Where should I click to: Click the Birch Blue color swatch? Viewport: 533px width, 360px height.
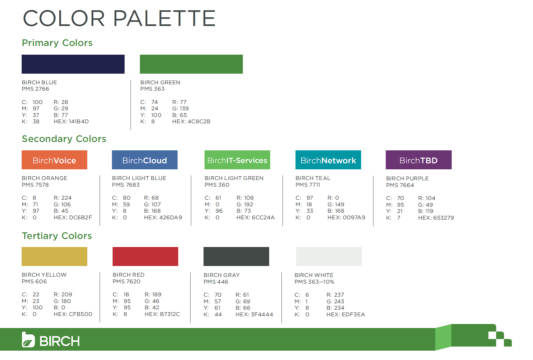(x=73, y=64)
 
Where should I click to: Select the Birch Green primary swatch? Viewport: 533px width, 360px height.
(x=191, y=64)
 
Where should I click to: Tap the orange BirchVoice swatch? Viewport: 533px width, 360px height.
(x=55, y=160)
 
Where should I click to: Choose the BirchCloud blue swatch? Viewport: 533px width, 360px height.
(x=145, y=160)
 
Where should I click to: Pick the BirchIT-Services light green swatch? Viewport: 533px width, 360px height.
(x=237, y=160)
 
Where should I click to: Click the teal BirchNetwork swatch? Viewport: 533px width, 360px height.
(x=328, y=160)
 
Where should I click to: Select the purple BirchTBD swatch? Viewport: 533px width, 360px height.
(x=418, y=160)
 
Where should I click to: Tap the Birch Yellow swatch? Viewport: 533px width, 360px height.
(x=55, y=256)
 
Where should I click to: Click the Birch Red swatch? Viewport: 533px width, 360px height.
(x=145, y=256)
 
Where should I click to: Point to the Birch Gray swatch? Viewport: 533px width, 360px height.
(x=236, y=256)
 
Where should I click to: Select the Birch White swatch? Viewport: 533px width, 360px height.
(x=329, y=256)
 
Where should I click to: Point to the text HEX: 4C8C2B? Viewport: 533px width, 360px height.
(x=191, y=121)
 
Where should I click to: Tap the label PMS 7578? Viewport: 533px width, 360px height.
(x=35, y=185)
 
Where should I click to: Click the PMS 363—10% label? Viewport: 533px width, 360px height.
(x=314, y=282)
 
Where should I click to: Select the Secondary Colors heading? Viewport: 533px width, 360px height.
(x=64, y=139)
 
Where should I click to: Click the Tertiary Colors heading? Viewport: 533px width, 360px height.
(x=57, y=236)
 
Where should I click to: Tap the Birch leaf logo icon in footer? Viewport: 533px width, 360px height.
(x=28, y=340)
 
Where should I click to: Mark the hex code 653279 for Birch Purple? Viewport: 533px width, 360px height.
(x=443, y=218)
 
